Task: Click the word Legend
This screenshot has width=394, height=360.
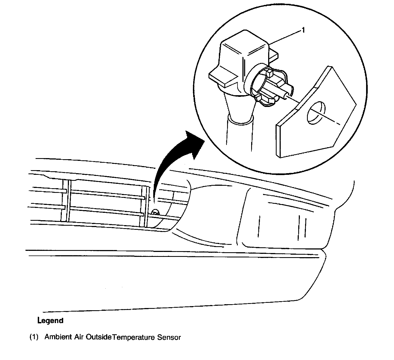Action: [x=50, y=321]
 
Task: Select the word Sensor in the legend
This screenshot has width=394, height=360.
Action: [x=169, y=337]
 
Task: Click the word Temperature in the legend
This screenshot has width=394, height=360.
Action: [x=134, y=337]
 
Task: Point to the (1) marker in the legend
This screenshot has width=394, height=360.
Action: [x=34, y=337]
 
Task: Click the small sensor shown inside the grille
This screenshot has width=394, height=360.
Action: [x=155, y=212]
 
